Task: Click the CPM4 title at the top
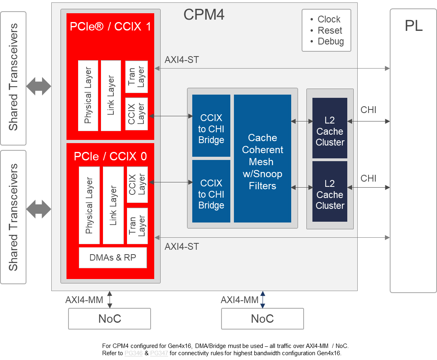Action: tap(204, 15)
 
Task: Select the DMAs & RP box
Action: tap(113, 258)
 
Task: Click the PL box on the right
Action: tap(413, 150)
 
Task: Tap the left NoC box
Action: tap(109, 319)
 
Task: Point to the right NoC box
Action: tap(262, 319)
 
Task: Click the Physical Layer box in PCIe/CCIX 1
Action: tap(88, 95)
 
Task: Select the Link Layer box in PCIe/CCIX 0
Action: tap(113, 205)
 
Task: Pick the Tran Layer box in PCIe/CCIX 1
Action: tap(137, 77)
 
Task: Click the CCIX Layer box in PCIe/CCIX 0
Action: tap(137, 184)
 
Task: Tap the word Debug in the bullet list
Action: tap(330, 42)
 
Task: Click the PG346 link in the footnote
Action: tap(133, 353)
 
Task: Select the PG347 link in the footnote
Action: tap(159, 353)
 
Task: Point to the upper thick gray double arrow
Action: tap(39, 86)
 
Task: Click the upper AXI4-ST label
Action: tap(181, 60)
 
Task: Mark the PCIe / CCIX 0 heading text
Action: tap(110, 156)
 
